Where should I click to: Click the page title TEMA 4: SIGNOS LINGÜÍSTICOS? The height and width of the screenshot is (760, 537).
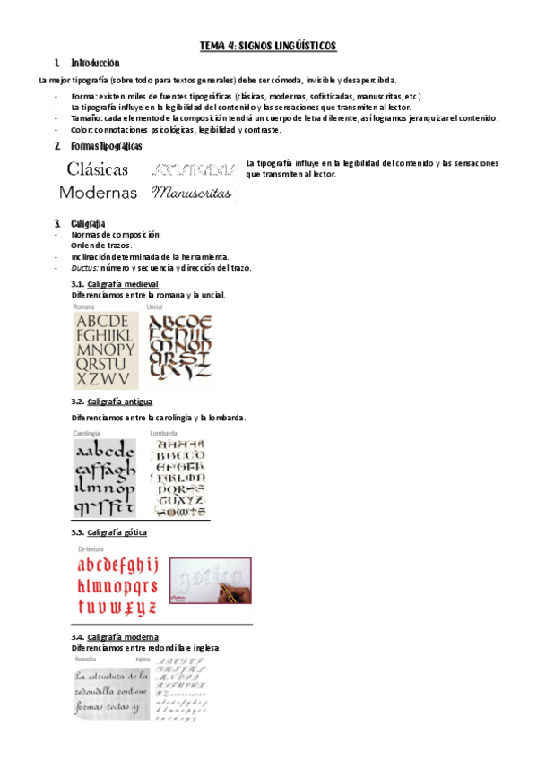pos(268,45)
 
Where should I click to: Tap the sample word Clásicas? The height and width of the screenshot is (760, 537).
pos(98,168)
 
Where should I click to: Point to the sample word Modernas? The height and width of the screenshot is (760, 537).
pos(98,192)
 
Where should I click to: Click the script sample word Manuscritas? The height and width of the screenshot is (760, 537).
pos(192,192)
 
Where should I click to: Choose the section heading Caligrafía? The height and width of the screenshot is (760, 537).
pos(88,222)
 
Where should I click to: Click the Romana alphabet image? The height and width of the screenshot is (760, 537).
pos(106,350)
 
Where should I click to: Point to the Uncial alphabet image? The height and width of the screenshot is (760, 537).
pos(180,346)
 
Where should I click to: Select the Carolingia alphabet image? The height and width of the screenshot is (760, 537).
pos(104,479)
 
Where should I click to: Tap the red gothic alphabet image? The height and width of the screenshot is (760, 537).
pos(117,585)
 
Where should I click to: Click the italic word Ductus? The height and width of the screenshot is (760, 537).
pos(84,268)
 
